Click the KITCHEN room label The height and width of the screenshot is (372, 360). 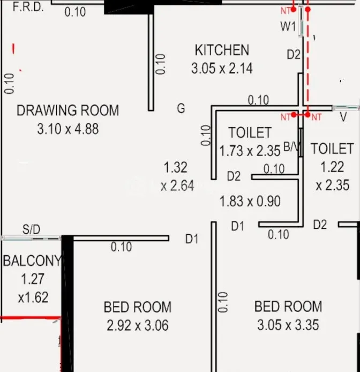coord(222,50)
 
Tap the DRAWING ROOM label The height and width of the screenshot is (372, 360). coord(68,110)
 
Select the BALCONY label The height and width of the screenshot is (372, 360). coord(32,261)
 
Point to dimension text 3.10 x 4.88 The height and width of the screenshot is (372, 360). coord(68,129)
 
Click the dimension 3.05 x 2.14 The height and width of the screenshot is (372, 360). coord(222,69)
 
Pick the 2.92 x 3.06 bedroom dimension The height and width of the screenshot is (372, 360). coord(138,325)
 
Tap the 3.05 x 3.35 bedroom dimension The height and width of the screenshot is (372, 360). coord(288,325)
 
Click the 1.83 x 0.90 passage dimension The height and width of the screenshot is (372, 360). coord(250,201)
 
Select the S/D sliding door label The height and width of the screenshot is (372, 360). coord(31,229)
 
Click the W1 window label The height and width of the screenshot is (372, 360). coord(288,26)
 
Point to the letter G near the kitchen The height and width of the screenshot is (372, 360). coord(181,108)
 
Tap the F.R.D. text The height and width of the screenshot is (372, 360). coord(28,7)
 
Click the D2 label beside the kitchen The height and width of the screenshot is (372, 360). coord(294,54)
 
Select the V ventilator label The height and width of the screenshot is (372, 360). coord(343,117)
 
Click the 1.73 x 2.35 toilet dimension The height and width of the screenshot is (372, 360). coord(250,151)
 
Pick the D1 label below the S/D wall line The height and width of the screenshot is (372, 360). coord(192,239)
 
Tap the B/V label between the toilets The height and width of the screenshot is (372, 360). coord(291,147)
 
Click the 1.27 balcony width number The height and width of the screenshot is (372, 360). coord(33,279)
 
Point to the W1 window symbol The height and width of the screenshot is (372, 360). coord(301,21)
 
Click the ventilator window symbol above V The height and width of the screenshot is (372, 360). coord(346,108)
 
